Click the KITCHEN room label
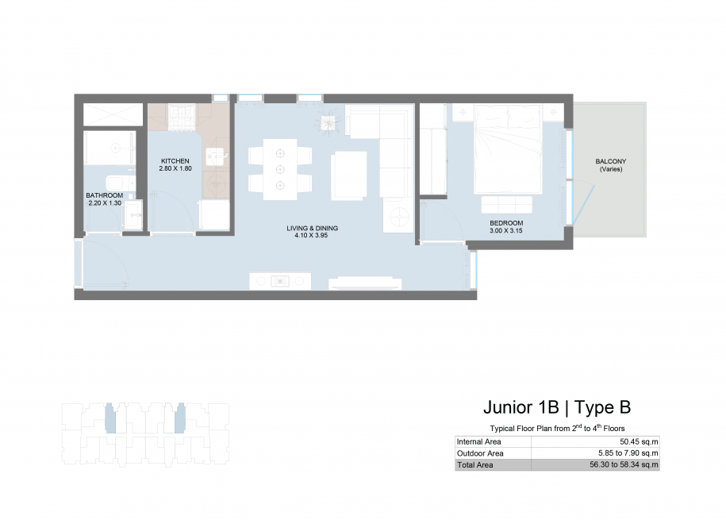(x=175, y=161)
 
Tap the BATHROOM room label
(x=105, y=195)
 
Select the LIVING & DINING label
(x=312, y=228)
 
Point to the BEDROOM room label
(x=506, y=223)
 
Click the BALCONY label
(x=611, y=161)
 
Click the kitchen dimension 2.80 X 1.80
(x=175, y=168)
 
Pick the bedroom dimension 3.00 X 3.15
(x=506, y=230)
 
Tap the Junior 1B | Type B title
(x=557, y=407)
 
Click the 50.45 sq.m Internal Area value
(x=639, y=441)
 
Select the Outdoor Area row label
(x=480, y=453)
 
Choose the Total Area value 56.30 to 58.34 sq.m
(x=624, y=464)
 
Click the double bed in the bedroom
(x=508, y=149)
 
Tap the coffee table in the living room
(x=349, y=175)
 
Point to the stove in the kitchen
(x=182, y=117)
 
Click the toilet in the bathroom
(x=120, y=183)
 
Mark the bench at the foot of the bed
(x=506, y=204)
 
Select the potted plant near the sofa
(x=328, y=122)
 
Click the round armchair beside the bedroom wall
(x=398, y=215)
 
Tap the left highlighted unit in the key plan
(x=110, y=418)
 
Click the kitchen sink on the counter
(x=217, y=156)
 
